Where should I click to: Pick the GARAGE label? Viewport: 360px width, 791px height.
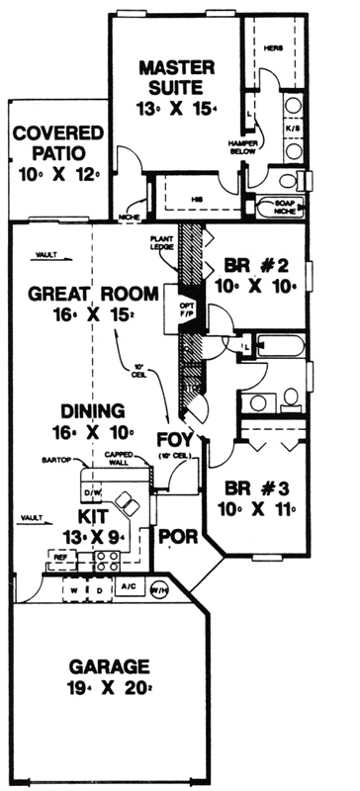(108, 665)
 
